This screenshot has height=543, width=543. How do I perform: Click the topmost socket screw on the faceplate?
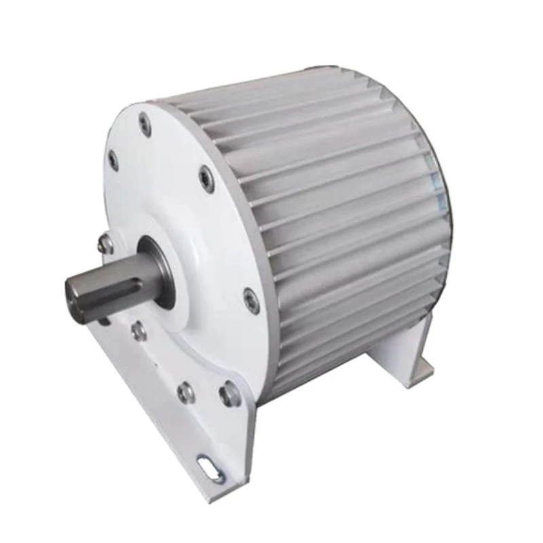145,124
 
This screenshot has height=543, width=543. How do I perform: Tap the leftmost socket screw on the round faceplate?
113,160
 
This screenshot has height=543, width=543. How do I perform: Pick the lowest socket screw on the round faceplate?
251,300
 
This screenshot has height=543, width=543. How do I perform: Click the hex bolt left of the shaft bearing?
106,243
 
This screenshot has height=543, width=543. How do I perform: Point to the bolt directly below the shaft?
139,331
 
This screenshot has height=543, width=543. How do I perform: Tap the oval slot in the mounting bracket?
208,468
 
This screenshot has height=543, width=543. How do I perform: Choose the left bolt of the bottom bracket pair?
185,392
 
